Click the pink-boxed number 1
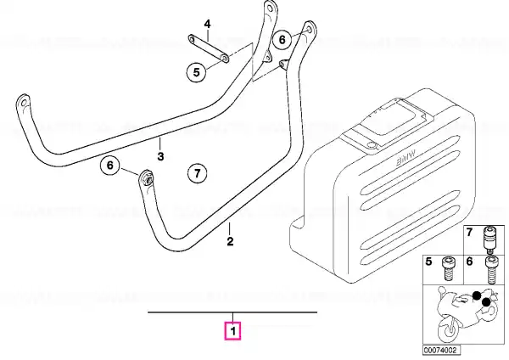232,331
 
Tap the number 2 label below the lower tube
230,241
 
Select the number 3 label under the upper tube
160,156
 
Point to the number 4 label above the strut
207,24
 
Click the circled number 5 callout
197,72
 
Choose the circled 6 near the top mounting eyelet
282,40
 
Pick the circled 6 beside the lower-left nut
110,166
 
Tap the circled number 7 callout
198,173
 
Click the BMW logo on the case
406,159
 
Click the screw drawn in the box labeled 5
449,268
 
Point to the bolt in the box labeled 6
490,270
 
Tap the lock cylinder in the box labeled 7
489,239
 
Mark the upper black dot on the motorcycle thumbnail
477,295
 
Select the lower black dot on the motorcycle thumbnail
486,302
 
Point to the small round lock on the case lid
370,144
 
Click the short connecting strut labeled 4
209,49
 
